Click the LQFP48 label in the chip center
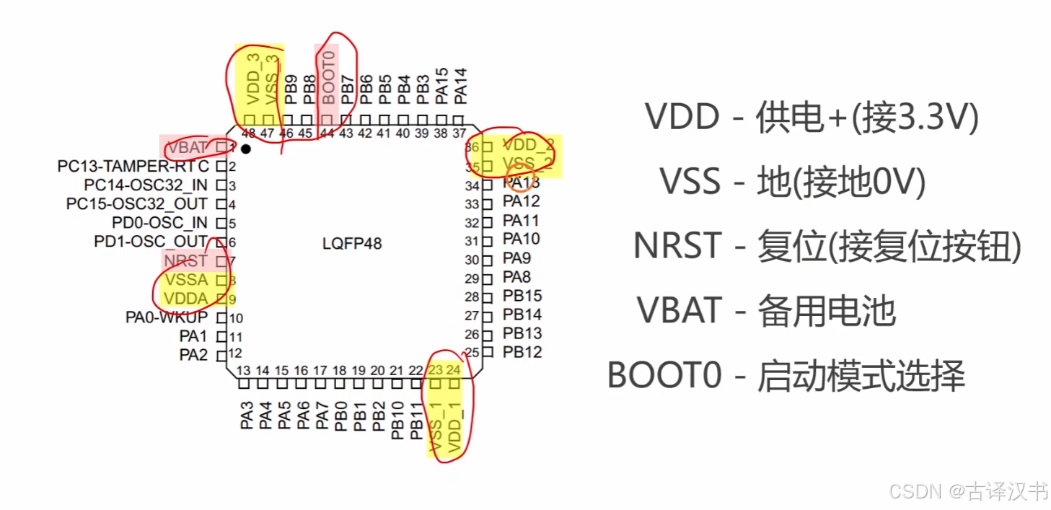pos(352,244)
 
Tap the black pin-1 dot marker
pos(246,149)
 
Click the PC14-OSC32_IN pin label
pos(146,185)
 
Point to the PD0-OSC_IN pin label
pos(159,223)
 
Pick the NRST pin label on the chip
pos(185,260)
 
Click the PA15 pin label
pos(442,84)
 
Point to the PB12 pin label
pos(522,352)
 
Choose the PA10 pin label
pos(521,239)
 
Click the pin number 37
pos(459,133)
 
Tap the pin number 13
pos(244,370)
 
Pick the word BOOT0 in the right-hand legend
pos(664,375)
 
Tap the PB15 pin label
pos(522,296)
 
